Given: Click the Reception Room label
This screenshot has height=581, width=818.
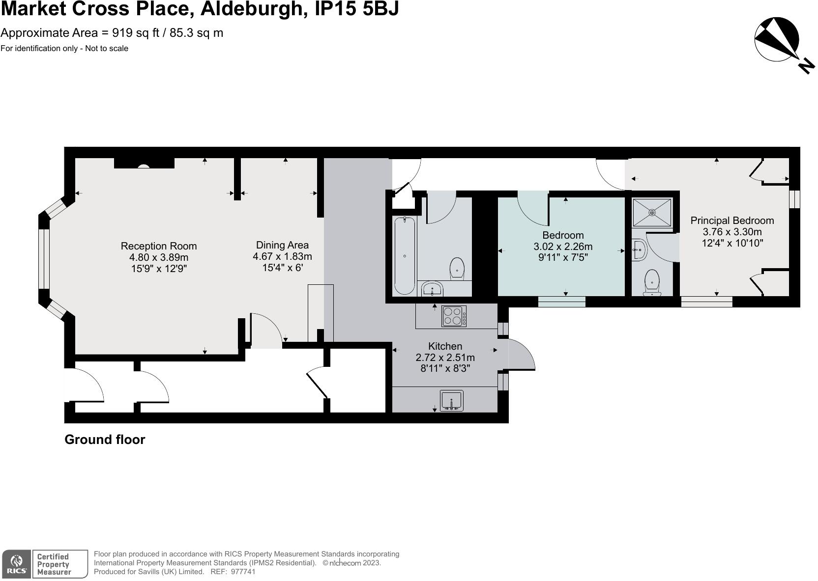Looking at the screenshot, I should [x=158, y=246].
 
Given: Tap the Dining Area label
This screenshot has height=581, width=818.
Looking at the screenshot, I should [x=282, y=245].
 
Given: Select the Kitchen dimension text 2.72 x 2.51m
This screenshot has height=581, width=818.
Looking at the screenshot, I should [x=445, y=357].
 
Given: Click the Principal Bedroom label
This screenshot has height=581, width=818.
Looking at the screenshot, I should [x=732, y=221].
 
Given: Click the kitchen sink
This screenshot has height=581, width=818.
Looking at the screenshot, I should [x=451, y=400].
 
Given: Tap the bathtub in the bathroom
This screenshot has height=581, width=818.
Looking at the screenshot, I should [x=405, y=256].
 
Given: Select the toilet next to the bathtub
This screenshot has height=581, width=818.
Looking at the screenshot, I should [x=457, y=268].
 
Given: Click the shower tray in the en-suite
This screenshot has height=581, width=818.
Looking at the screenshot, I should [x=652, y=212].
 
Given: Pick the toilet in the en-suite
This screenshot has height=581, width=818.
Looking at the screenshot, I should [x=652, y=283].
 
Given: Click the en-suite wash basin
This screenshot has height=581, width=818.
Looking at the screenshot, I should [x=639, y=250].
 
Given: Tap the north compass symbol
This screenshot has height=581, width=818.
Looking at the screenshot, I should [x=778, y=40].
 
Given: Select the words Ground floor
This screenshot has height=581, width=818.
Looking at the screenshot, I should [x=105, y=440].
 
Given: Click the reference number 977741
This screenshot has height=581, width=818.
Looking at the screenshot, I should [x=243, y=572].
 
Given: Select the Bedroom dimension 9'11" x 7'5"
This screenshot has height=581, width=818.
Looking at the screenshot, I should [x=563, y=257].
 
